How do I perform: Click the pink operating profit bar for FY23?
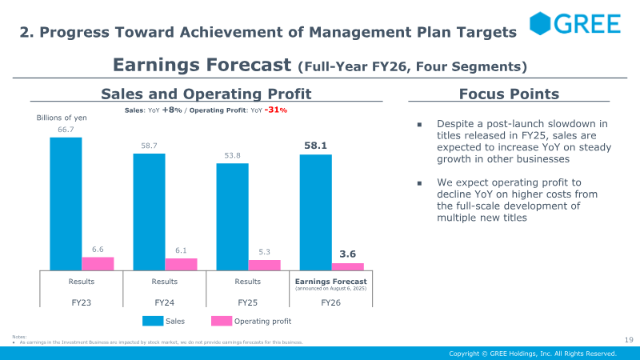click(98, 263)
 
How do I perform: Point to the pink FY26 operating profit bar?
click(347, 266)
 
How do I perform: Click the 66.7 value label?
click(66, 129)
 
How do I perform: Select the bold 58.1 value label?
click(315, 146)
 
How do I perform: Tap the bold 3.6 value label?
click(347, 254)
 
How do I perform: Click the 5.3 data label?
click(264, 251)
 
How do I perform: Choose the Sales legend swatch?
click(153, 321)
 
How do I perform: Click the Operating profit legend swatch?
click(221, 321)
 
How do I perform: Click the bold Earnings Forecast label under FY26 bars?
click(330, 282)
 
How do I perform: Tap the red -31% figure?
click(276, 110)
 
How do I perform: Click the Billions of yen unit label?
click(62, 118)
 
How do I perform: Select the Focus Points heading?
click(509, 94)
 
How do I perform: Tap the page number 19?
click(628, 340)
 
